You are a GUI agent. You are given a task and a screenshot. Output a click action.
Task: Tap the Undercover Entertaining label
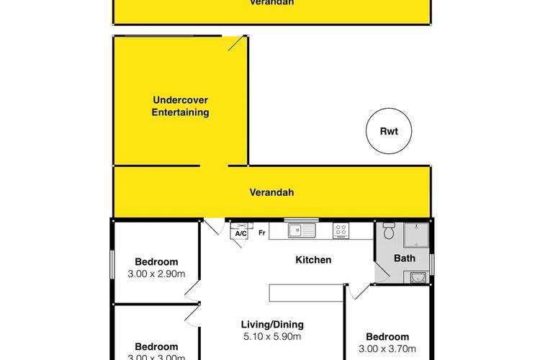(x=181, y=107)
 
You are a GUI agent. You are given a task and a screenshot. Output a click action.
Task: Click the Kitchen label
(x=312, y=260)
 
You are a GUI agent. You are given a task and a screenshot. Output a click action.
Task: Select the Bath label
(x=405, y=258)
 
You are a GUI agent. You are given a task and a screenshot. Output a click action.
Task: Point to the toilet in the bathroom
(x=388, y=231)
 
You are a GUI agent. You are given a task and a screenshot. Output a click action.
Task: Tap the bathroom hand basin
(x=417, y=277)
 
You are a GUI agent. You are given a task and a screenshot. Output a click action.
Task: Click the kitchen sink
(x=300, y=230)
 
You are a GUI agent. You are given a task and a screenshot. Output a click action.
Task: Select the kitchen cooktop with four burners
(x=341, y=230)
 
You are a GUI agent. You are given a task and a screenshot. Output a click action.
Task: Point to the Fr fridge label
(x=262, y=233)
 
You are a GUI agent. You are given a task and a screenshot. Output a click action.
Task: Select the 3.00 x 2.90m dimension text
(x=156, y=274)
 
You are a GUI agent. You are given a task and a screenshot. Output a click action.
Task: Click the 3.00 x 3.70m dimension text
(x=387, y=349)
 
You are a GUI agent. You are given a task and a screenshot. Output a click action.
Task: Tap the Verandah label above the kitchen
(x=271, y=193)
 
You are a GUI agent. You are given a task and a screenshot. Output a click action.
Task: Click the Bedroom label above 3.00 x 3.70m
(x=387, y=337)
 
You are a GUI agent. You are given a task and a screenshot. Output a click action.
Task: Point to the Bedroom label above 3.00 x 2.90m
(x=156, y=262)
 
